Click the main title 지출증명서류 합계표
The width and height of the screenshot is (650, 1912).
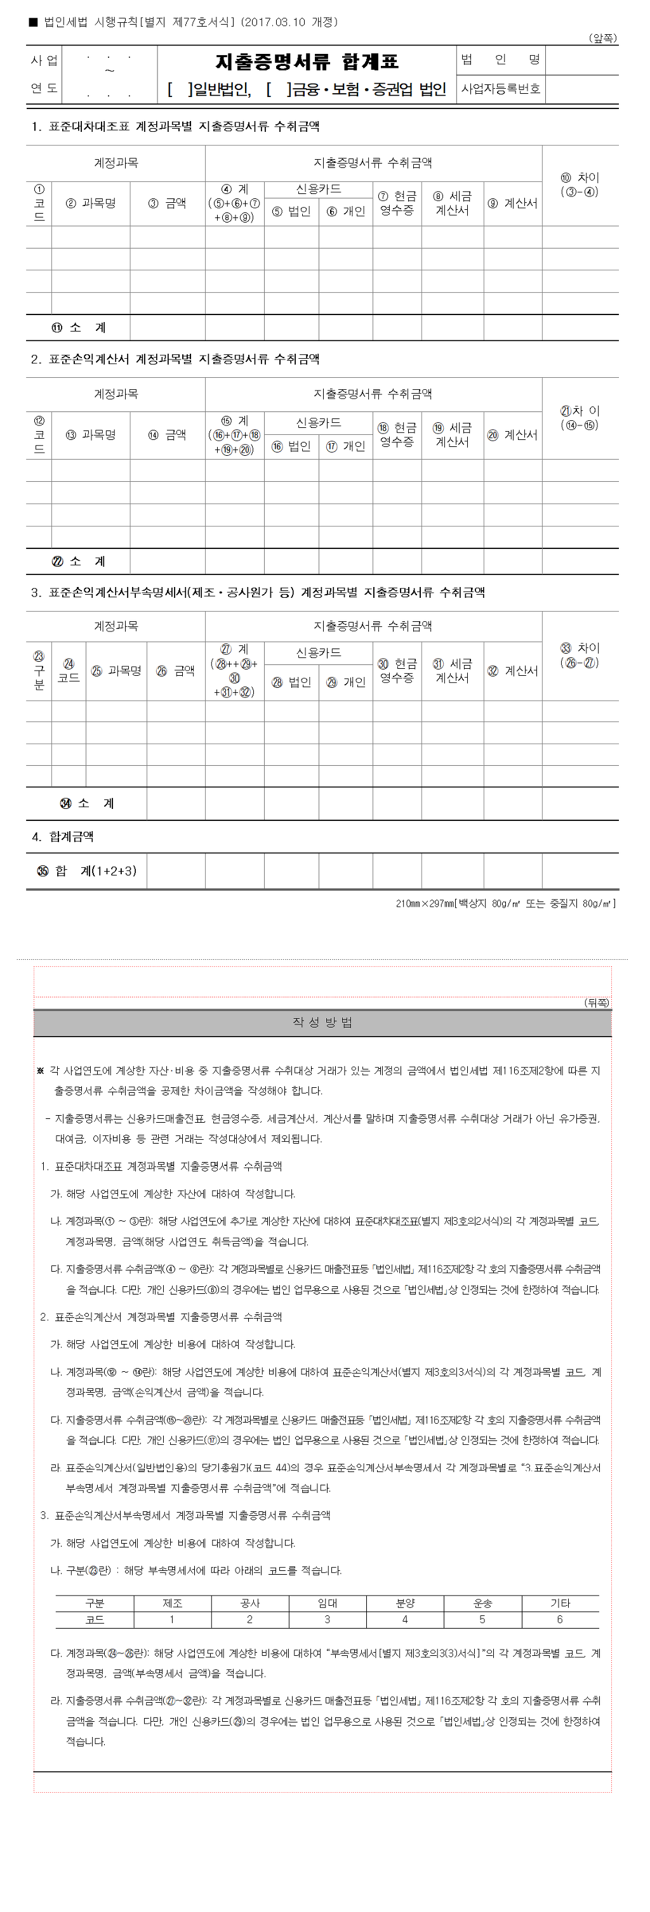tap(307, 61)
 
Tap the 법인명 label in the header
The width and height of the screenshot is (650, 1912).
tap(501, 60)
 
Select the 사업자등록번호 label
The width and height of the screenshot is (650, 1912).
tap(501, 89)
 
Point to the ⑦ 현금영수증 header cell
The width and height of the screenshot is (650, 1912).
tap(397, 203)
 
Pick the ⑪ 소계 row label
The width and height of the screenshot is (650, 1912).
tap(79, 327)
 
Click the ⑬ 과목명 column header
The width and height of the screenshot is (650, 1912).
tap(91, 435)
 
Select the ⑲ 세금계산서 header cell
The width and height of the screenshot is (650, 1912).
tap(453, 435)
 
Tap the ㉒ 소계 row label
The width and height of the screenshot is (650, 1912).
tap(79, 561)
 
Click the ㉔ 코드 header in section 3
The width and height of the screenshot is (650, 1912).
tap(69, 670)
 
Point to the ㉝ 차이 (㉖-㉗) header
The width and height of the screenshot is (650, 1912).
tap(580, 656)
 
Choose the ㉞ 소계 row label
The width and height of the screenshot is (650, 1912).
tap(87, 803)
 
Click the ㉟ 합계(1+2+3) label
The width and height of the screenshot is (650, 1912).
tap(87, 870)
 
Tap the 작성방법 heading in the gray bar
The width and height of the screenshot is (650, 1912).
tap(322, 1022)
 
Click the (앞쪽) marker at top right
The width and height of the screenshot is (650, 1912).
tap(602, 38)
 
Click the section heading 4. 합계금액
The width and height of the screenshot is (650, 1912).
tap(62, 837)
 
